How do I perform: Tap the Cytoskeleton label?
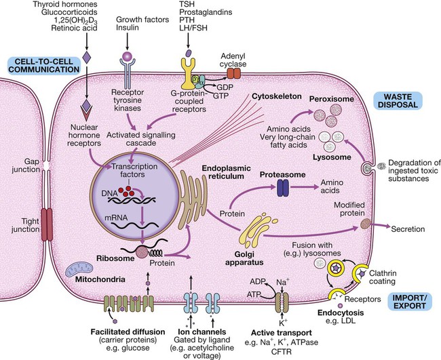(x=267, y=96)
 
